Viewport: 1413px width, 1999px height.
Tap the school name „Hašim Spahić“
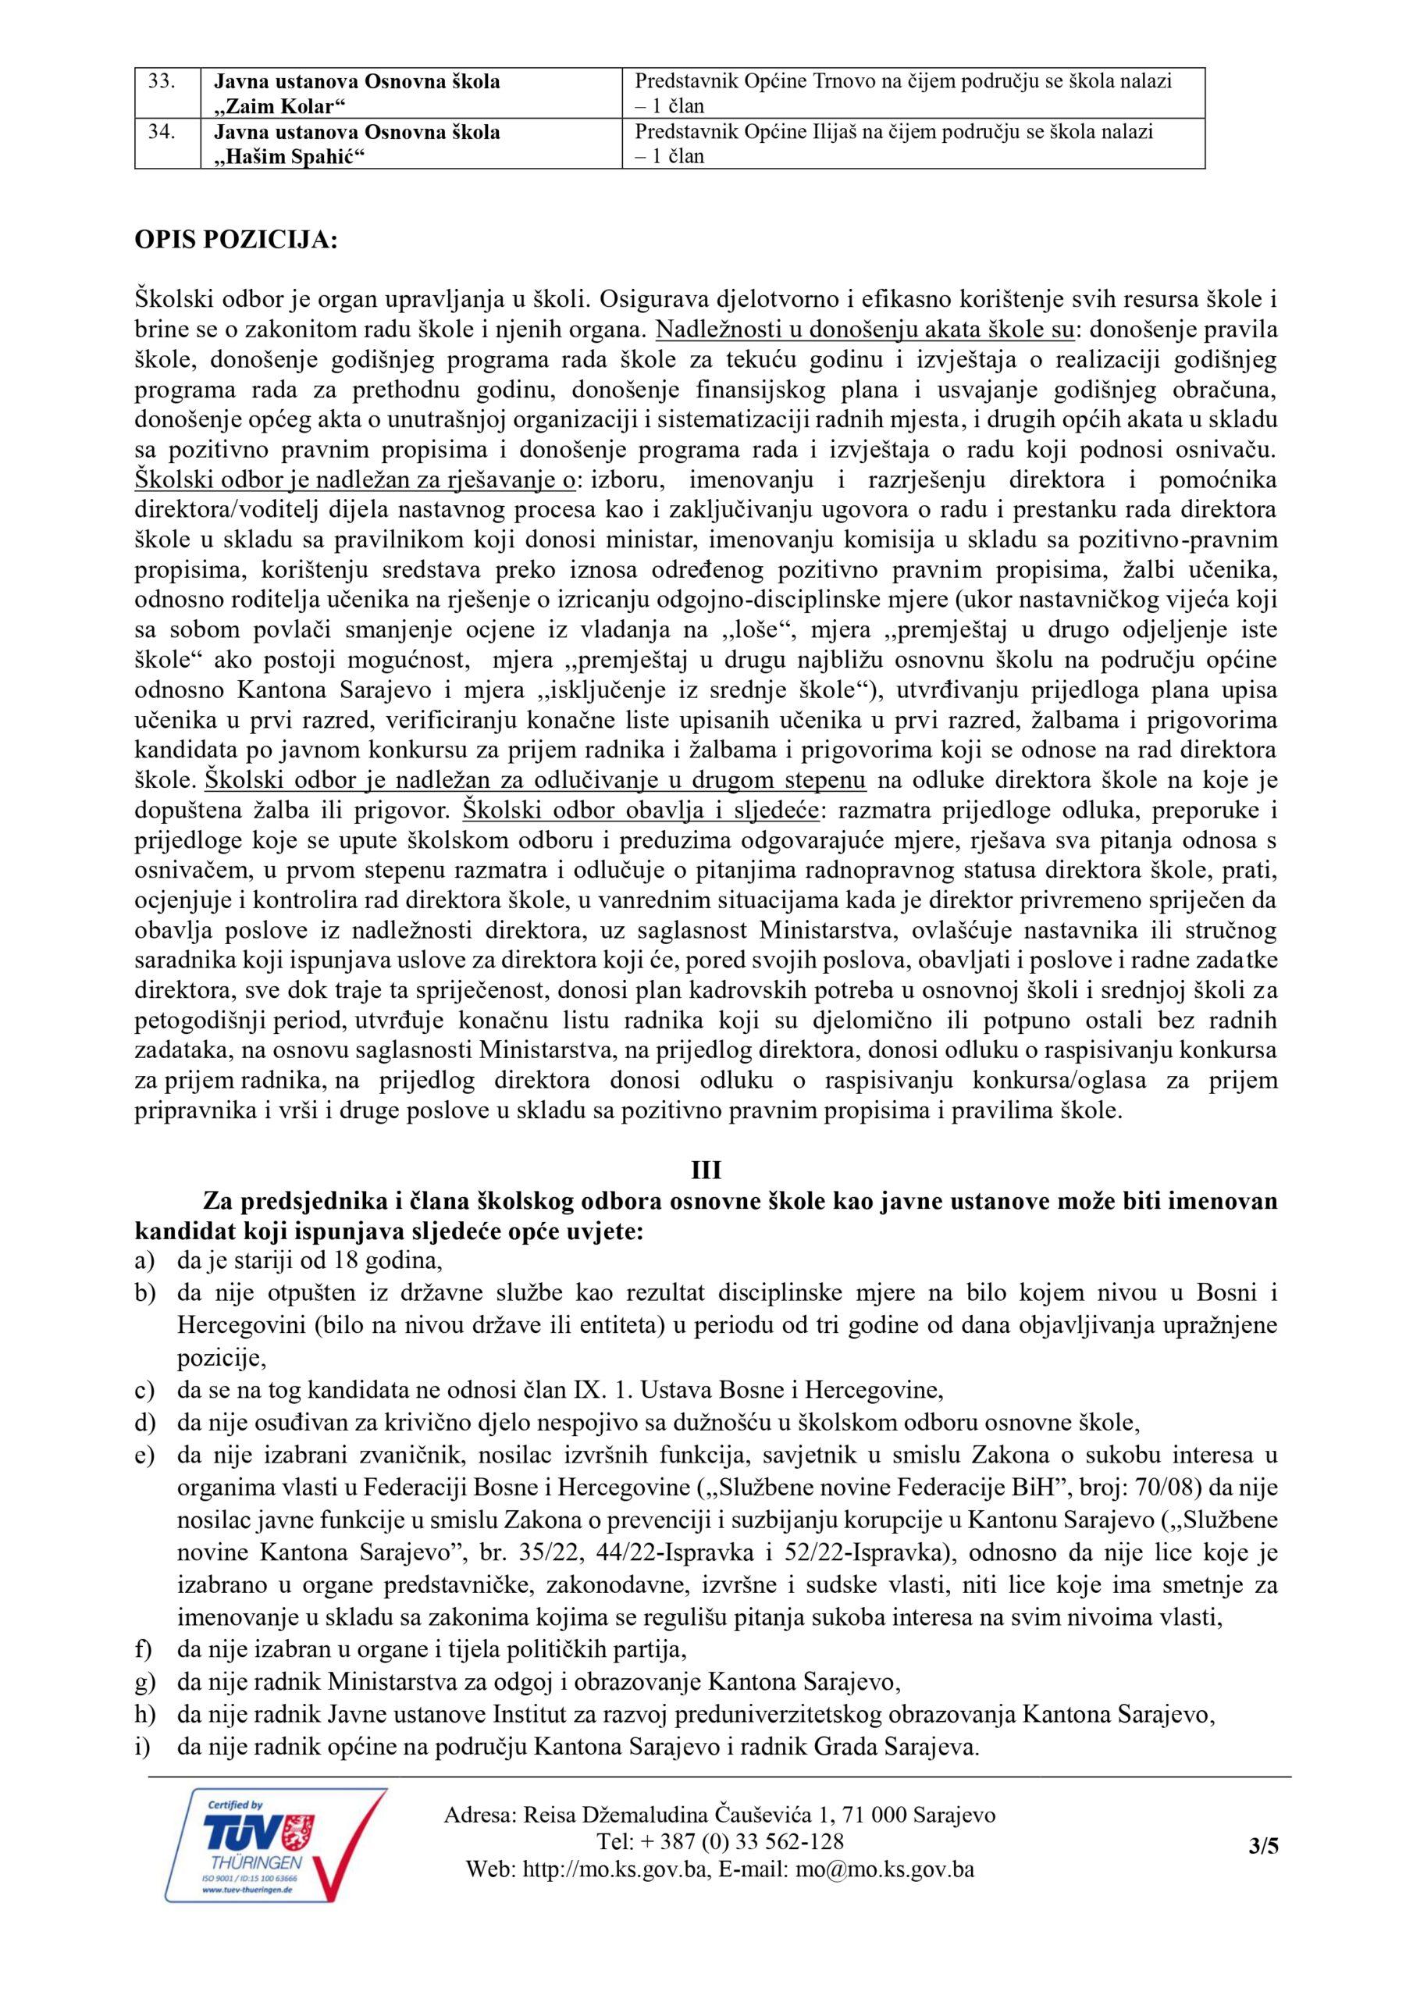pos(287,158)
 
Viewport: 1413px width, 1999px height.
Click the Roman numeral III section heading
pos(706,1171)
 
